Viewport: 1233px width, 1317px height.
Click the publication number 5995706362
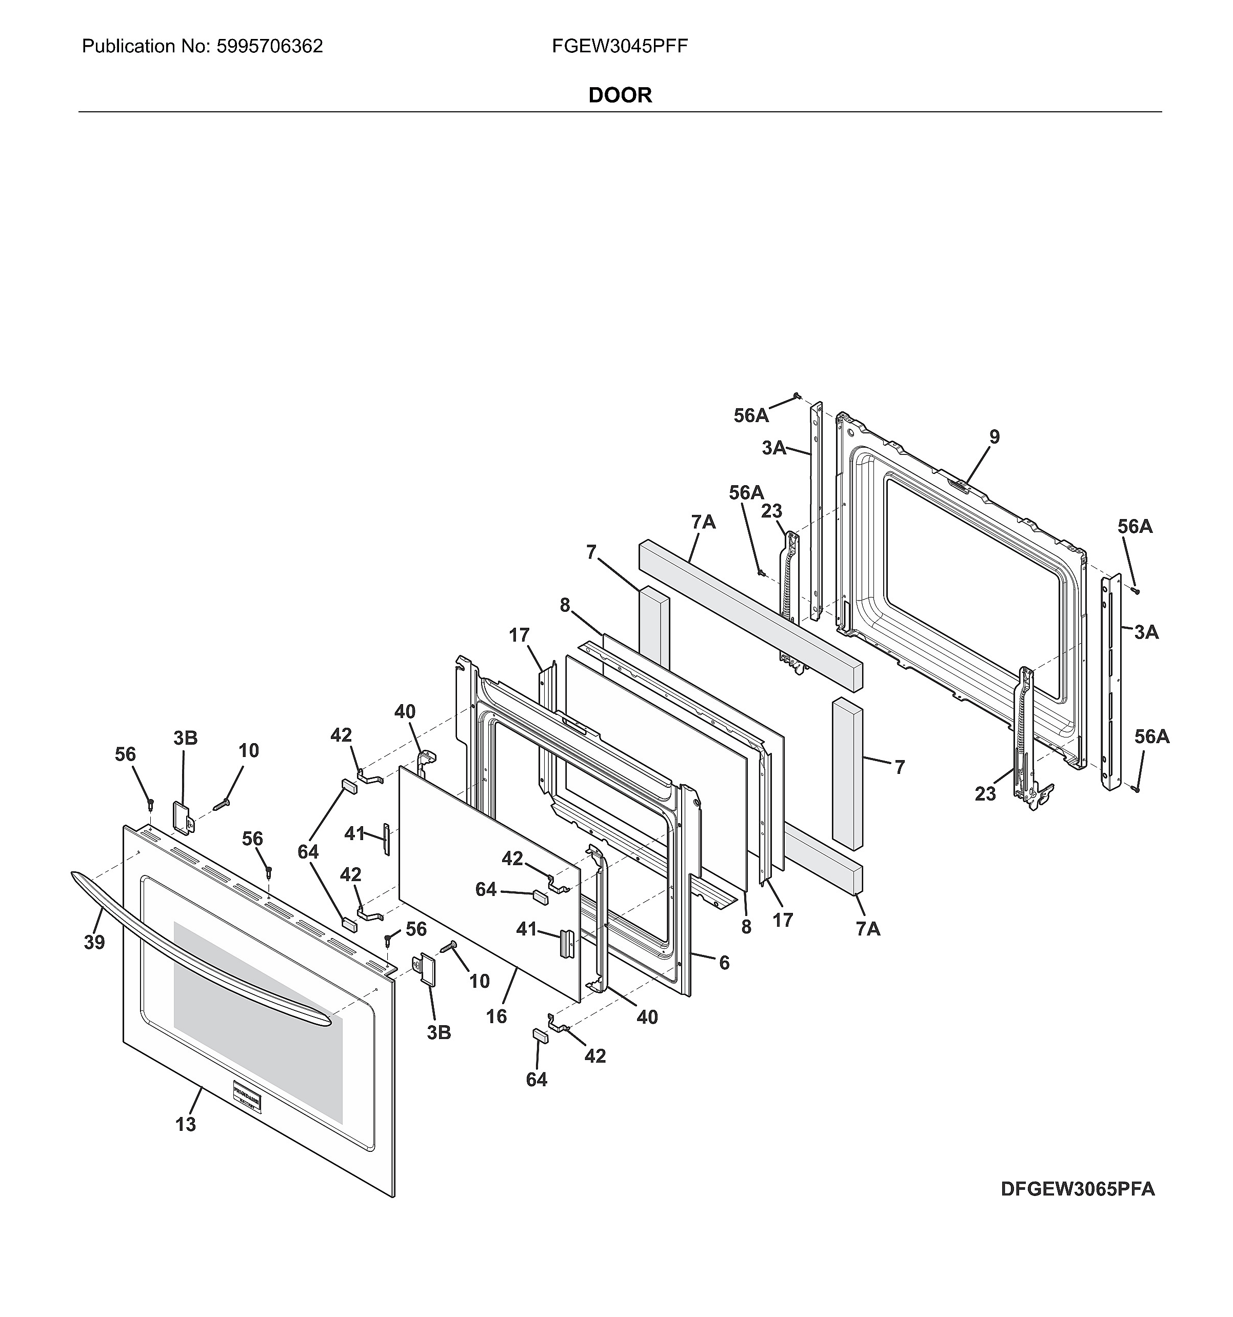pyautogui.click(x=269, y=46)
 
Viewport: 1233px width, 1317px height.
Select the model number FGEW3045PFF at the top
pyautogui.click(x=620, y=46)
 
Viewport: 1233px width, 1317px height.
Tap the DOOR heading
pyautogui.click(x=620, y=95)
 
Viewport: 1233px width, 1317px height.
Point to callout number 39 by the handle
pyautogui.click(x=94, y=942)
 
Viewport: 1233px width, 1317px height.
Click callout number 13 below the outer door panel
pyautogui.click(x=186, y=1124)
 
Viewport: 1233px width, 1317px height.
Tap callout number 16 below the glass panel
pyautogui.click(x=496, y=1016)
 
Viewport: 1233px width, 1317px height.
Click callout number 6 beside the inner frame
pyautogui.click(x=724, y=963)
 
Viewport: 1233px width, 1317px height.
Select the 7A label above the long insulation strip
pyautogui.click(x=704, y=522)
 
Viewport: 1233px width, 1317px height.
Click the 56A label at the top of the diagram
pyautogui.click(x=751, y=415)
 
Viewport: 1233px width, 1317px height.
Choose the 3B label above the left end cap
pyautogui.click(x=186, y=738)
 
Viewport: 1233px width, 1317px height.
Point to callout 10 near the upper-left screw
pyautogui.click(x=248, y=751)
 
